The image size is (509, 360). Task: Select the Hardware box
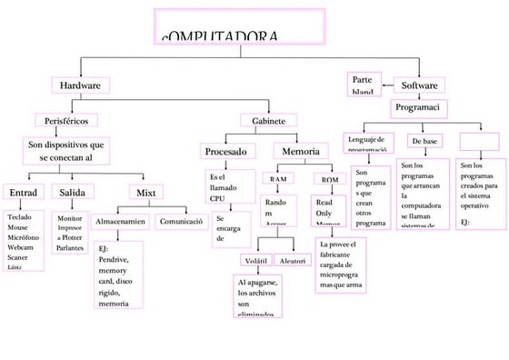[x=79, y=85]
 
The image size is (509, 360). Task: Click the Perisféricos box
[x=65, y=119]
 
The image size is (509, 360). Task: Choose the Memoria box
[x=300, y=150]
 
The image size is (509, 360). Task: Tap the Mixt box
[x=146, y=193]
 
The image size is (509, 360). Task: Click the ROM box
[x=329, y=179]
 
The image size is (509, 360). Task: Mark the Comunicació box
[x=181, y=221]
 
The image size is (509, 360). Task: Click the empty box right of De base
[x=479, y=142]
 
